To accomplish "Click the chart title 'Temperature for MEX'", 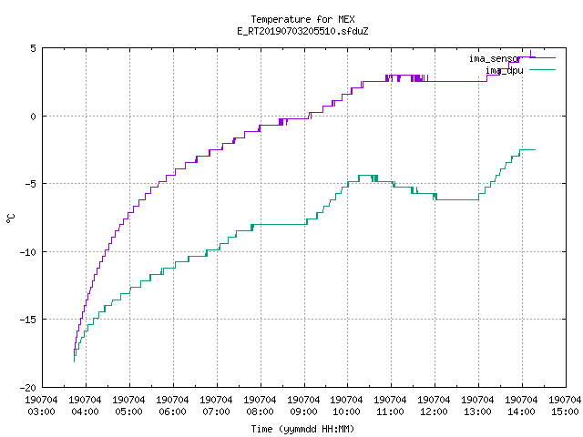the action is [x=302, y=19].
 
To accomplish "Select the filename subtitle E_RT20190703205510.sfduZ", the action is [x=302, y=31].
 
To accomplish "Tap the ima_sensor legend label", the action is [x=494, y=58].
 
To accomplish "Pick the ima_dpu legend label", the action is [x=505, y=70].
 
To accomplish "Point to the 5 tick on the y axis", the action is [x=34, y=48].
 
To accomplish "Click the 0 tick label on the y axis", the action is [x=34, y=117].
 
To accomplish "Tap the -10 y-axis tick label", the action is [x=28, y=252].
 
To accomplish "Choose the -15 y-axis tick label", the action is [x=28, y=320].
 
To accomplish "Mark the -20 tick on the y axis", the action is [x=28, y=388].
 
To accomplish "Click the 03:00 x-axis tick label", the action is [x=42, y=412].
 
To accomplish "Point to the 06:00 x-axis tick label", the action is [x=172, y=412].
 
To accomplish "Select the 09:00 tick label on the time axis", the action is [x=303, y=412].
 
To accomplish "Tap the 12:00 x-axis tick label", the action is [x=434, y=412].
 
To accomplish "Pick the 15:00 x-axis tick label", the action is [x=565, y=412].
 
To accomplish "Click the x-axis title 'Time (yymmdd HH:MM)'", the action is [x=302, y=429].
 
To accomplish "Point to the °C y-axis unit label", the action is [x=10, y=218].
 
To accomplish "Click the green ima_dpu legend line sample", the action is [x=542, y=69].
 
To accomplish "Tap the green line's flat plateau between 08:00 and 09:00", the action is [x=280, y=225].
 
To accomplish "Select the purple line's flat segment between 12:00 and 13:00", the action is [x=457, y=81].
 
